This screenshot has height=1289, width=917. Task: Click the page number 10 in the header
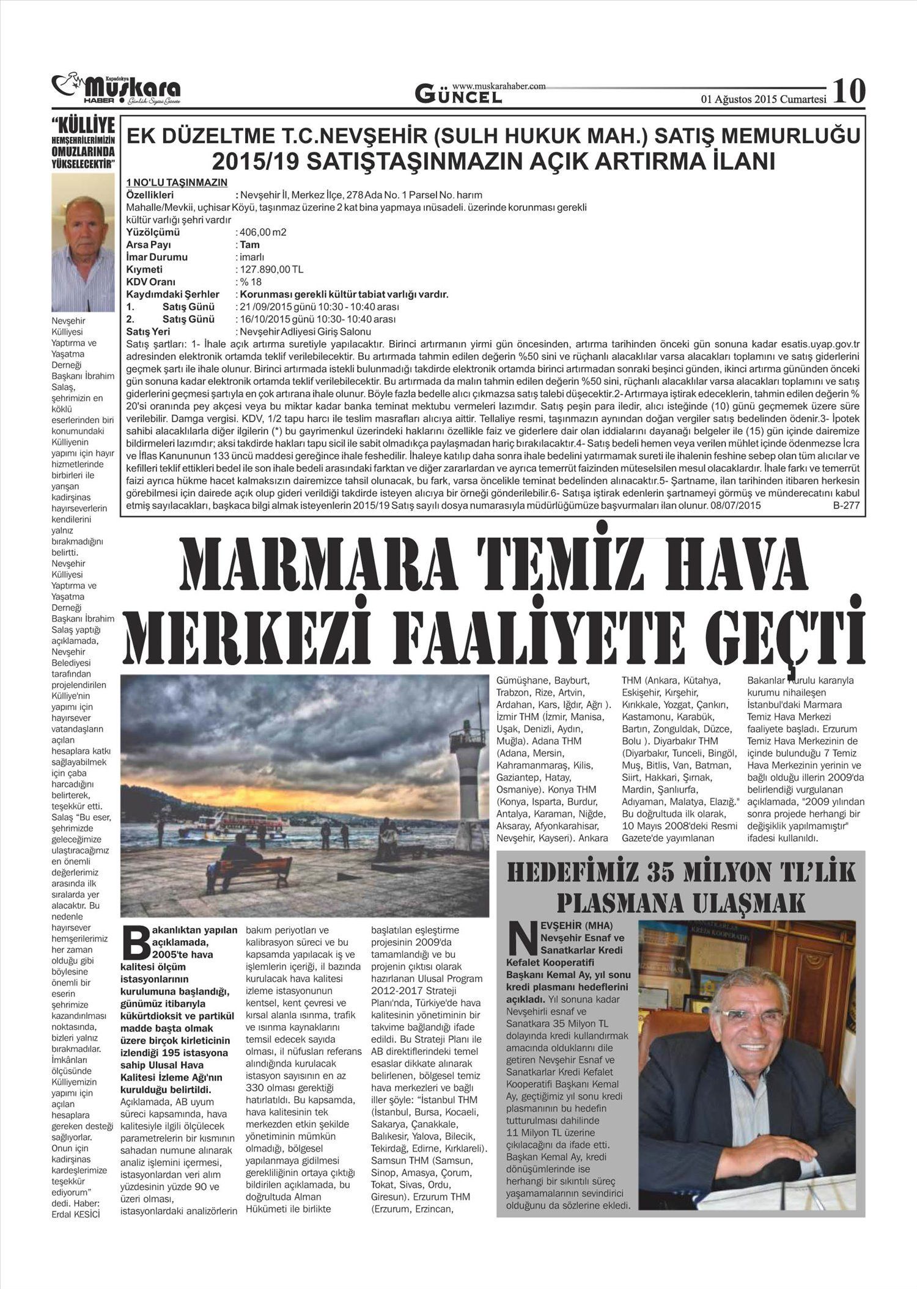coord(849,91)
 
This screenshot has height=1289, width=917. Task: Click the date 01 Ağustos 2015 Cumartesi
coord(764,100)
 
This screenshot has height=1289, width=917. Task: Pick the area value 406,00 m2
coord(262,232)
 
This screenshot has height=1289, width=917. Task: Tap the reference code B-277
coord(846,506)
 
